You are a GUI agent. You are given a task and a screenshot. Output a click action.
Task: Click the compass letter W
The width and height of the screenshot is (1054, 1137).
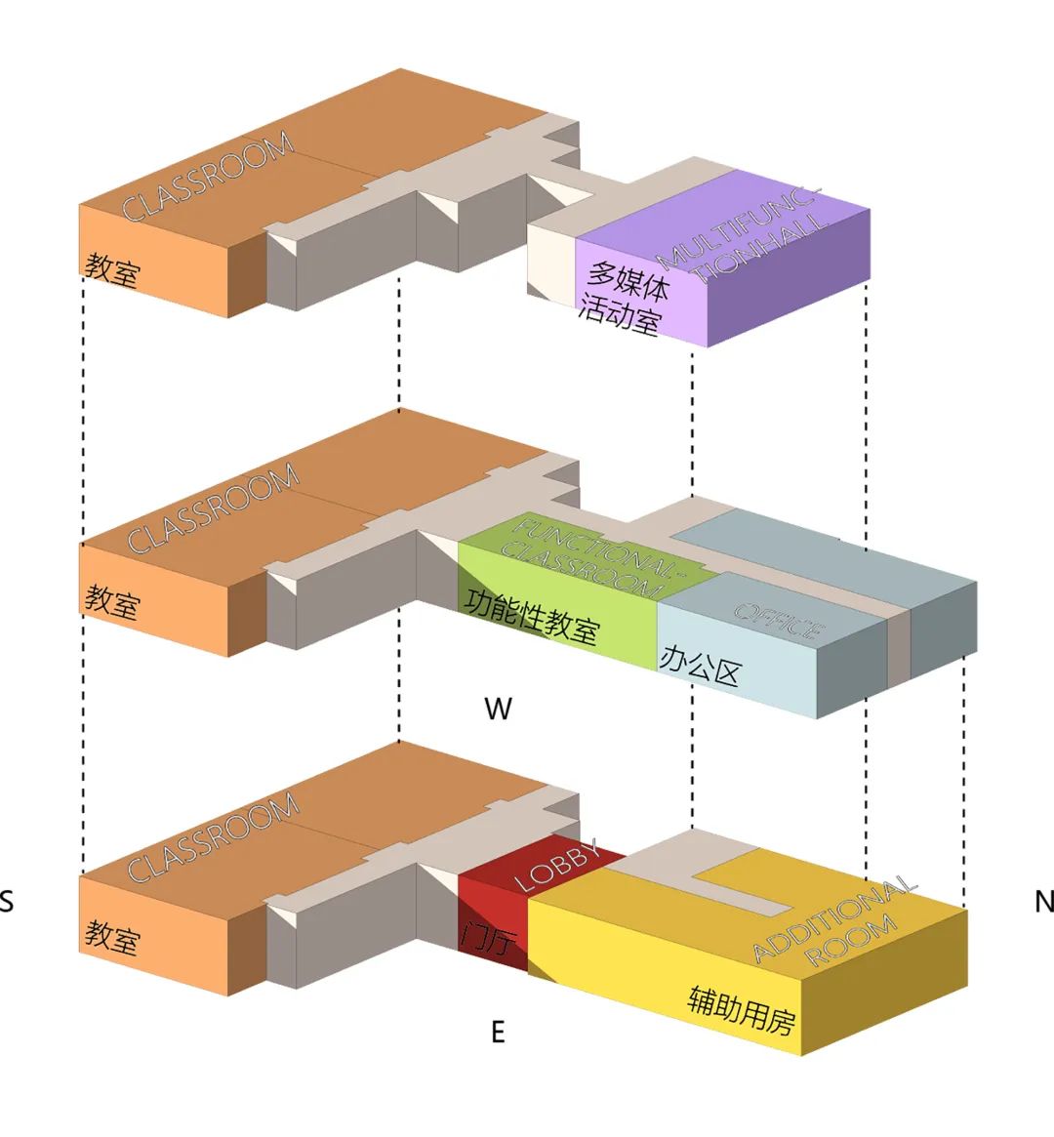[498, 708]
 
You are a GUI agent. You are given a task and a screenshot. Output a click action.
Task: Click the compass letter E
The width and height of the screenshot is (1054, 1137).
[498, 1032]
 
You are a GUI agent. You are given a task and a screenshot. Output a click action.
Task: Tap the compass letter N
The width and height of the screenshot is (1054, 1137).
[1044, 902]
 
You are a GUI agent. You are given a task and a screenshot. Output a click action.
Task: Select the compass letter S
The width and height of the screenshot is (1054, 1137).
[6, 902]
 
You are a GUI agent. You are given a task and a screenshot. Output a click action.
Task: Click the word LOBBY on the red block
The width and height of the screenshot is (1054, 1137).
[556, 865]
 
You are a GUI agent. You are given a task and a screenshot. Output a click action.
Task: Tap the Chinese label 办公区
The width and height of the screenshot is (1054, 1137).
[700, 667]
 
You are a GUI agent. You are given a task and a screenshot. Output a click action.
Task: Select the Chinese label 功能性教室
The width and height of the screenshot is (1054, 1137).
[532, 617]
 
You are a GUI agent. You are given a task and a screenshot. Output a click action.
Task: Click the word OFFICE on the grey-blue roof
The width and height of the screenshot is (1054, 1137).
[780, 621]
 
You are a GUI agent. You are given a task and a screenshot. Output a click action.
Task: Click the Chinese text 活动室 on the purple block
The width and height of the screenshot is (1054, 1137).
[619, 315]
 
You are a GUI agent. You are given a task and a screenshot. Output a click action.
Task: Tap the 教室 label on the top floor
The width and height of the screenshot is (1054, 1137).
[111, 270]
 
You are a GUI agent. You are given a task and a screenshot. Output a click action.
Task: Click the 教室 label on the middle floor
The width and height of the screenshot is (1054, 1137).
[111, 602]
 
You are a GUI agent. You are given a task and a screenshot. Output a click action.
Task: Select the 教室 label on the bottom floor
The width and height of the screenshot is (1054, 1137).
[111, 935]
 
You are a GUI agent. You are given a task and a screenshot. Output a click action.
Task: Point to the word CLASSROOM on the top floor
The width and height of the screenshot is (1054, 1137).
[207, 177]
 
